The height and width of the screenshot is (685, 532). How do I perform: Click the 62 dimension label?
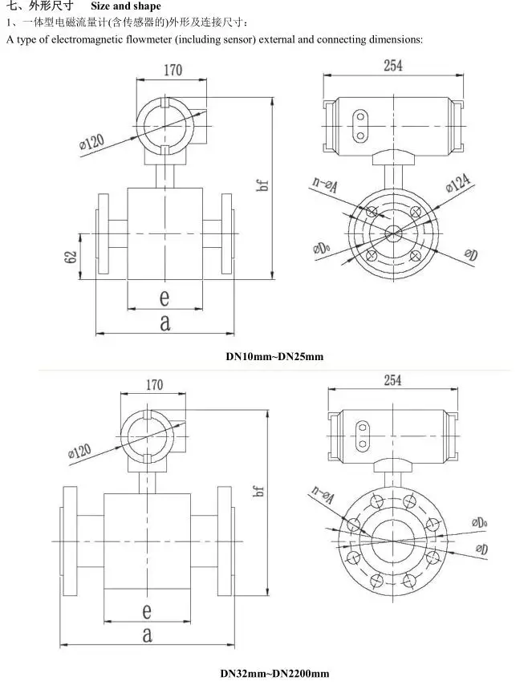71,257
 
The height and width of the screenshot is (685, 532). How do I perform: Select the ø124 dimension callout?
458,182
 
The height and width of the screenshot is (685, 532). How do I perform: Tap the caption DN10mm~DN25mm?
274,356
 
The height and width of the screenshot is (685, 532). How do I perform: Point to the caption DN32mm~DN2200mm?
274,673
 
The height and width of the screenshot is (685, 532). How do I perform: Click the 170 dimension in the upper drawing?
173,70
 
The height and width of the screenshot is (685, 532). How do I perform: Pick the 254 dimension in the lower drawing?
392,380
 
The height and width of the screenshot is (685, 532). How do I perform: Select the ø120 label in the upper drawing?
91,142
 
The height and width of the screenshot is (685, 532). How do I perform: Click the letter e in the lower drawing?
147,610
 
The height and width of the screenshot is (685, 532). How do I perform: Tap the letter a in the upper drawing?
164,322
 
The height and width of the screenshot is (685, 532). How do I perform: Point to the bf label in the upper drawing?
262,185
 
